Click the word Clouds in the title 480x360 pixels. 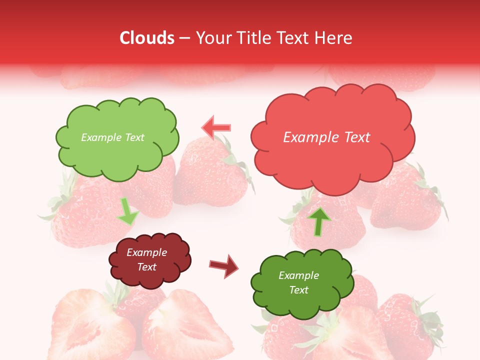tap(146, 38)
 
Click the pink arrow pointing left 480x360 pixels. tap(216, 127)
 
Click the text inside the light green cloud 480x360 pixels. tap(112, 137)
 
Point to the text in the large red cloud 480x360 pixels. tap(326, 137)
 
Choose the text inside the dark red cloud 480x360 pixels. tap(147, 260)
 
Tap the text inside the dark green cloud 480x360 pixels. tap(298, 282)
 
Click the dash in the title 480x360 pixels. tap(184, 38)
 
